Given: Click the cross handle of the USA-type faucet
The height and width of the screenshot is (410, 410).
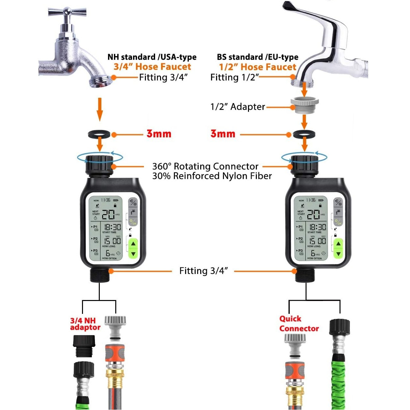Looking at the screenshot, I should [67, 13].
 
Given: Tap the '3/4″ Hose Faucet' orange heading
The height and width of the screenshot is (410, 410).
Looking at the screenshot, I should [152, 67].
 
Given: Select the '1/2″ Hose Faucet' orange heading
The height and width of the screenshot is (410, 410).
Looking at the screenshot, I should [258, 67].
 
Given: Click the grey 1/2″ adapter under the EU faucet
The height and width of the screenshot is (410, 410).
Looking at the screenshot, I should [305, 105].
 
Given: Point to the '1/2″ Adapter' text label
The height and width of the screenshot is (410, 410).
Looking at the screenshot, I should [237, 107].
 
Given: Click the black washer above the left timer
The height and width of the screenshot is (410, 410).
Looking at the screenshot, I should [100, 134].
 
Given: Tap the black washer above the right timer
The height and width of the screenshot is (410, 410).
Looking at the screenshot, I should [304, 134].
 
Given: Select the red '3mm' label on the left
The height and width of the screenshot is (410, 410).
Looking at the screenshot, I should [159, 134].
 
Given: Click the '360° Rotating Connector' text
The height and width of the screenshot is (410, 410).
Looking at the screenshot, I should [205, 166].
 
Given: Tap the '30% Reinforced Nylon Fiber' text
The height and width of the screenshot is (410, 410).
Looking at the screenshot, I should [212, 176].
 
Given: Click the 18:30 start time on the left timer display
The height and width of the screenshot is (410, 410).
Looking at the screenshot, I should [112, 227].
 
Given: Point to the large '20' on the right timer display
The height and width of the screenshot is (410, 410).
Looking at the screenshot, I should [313, 215].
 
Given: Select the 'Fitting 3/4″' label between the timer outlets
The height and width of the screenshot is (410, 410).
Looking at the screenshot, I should [203, 271].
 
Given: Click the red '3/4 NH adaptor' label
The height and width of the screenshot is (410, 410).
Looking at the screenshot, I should [85, 324].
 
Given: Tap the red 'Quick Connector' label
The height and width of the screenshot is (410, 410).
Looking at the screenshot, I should [299, 324].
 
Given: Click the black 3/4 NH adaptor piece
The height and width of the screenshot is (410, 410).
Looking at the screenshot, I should [84, 345].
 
